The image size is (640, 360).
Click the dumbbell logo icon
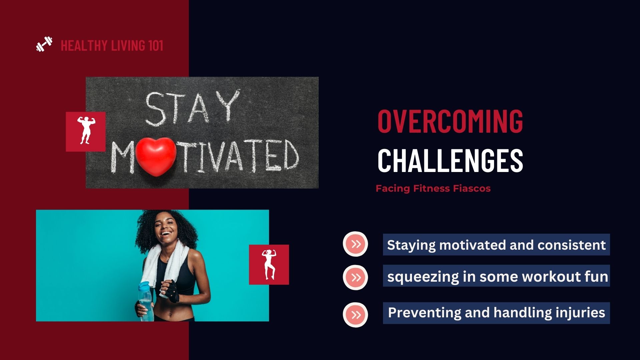pyautogui.click(x=44, y=44)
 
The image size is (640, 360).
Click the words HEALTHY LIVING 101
pyautogui.click(x=112, y=45)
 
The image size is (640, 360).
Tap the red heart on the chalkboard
pyautogui.click(x=156, y=156)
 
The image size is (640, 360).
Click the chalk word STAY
pyautogui.click(x=192, y=108)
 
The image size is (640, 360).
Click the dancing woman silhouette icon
pyautogui.click(x=269, y=264)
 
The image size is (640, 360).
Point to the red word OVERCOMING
pyautogui.click(x=450, y=121)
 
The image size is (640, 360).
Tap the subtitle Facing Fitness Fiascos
pyautogui.click(x=433, y=188)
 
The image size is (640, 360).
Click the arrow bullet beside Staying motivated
pyautogui.click(x=355, y=244)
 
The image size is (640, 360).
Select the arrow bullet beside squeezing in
pyautogui.click(x=355, y=277)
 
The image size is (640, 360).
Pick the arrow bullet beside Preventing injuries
pyautogui.click(x=355, y=315)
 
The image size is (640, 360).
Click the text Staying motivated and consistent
pyautogui.click(x=496, y=245)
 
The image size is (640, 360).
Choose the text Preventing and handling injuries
pyautogui.click(x=496, y=313)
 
